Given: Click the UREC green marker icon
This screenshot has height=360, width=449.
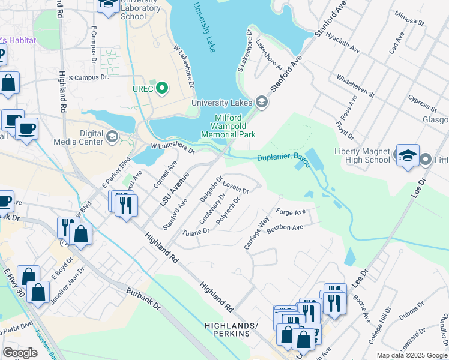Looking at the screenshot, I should (161, 89).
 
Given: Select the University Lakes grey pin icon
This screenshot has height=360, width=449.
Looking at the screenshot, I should (261, 103).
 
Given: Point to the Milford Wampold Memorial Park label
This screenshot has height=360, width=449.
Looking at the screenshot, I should (235, 127).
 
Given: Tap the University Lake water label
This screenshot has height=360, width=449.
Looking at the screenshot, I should (204, 27).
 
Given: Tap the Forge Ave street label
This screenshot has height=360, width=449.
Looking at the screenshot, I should (291, 212).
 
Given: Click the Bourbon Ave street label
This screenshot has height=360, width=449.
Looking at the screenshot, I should (286, 228).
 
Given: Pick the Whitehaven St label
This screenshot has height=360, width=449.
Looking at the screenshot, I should (355, 86).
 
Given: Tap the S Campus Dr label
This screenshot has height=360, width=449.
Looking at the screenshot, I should (88, 77).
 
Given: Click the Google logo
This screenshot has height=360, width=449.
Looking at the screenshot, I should (20, 353).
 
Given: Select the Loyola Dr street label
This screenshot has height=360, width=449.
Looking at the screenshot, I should (236, 188).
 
